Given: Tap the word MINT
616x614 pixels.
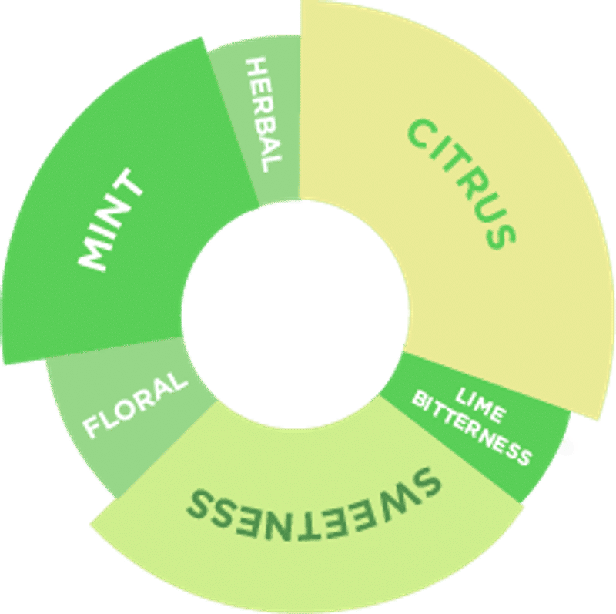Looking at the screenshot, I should (112, 220).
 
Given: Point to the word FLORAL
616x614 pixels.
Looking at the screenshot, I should (135, 404).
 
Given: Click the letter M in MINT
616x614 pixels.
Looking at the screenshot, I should (94, 254).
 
